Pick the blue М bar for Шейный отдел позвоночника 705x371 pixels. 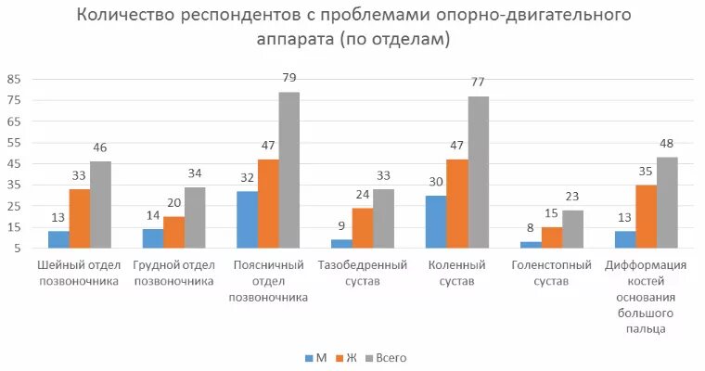pyautogui.click(x=59, y=239)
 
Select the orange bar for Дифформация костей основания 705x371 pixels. pyautogui.click(x=647, y=216)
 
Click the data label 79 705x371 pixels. pyautogui.click(x=289, y=78)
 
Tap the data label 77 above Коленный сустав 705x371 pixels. pyautogui.click(x=479, y=82)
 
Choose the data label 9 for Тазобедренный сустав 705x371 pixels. pyautogui.click(x=342, y=224)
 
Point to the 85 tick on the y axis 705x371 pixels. pyautogui.click(x=14, y=79)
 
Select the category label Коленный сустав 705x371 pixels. pyautogui.click(x=458, y=273)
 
